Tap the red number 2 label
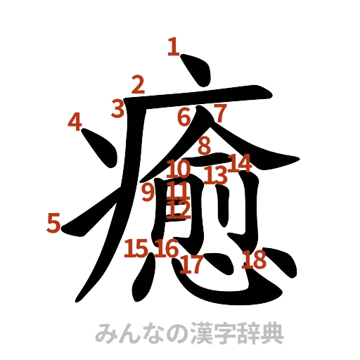(138, 85)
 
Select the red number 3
(118, 108)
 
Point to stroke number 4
(75, 122)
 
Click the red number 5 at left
(54, 223)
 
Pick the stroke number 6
(184, 117)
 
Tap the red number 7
(220, 112)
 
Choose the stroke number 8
(204, 146)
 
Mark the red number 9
(148, 191)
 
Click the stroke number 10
(179, 169)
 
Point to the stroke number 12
(180, 208)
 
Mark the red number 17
(192, 264)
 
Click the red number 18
(254, 261)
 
